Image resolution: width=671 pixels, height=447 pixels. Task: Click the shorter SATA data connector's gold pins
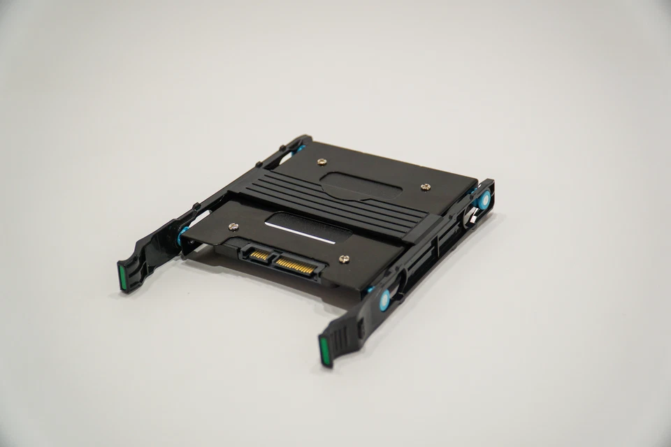tap(259, 256)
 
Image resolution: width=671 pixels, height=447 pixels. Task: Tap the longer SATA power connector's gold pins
tap(294, 265)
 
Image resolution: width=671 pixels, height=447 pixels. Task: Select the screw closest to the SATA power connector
tap(344, 259)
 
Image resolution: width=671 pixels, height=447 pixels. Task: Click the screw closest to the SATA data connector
tap(233, 226)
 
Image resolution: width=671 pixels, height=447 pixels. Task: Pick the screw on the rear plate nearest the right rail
tap(425, 186)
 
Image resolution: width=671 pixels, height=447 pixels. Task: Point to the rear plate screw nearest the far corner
tap(321, 161)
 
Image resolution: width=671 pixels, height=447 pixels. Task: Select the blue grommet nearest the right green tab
tap(384, 301)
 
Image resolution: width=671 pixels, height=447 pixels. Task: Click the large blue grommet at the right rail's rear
tap(484, 200)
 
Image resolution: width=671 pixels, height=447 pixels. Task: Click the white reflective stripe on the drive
tap(301, 234)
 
